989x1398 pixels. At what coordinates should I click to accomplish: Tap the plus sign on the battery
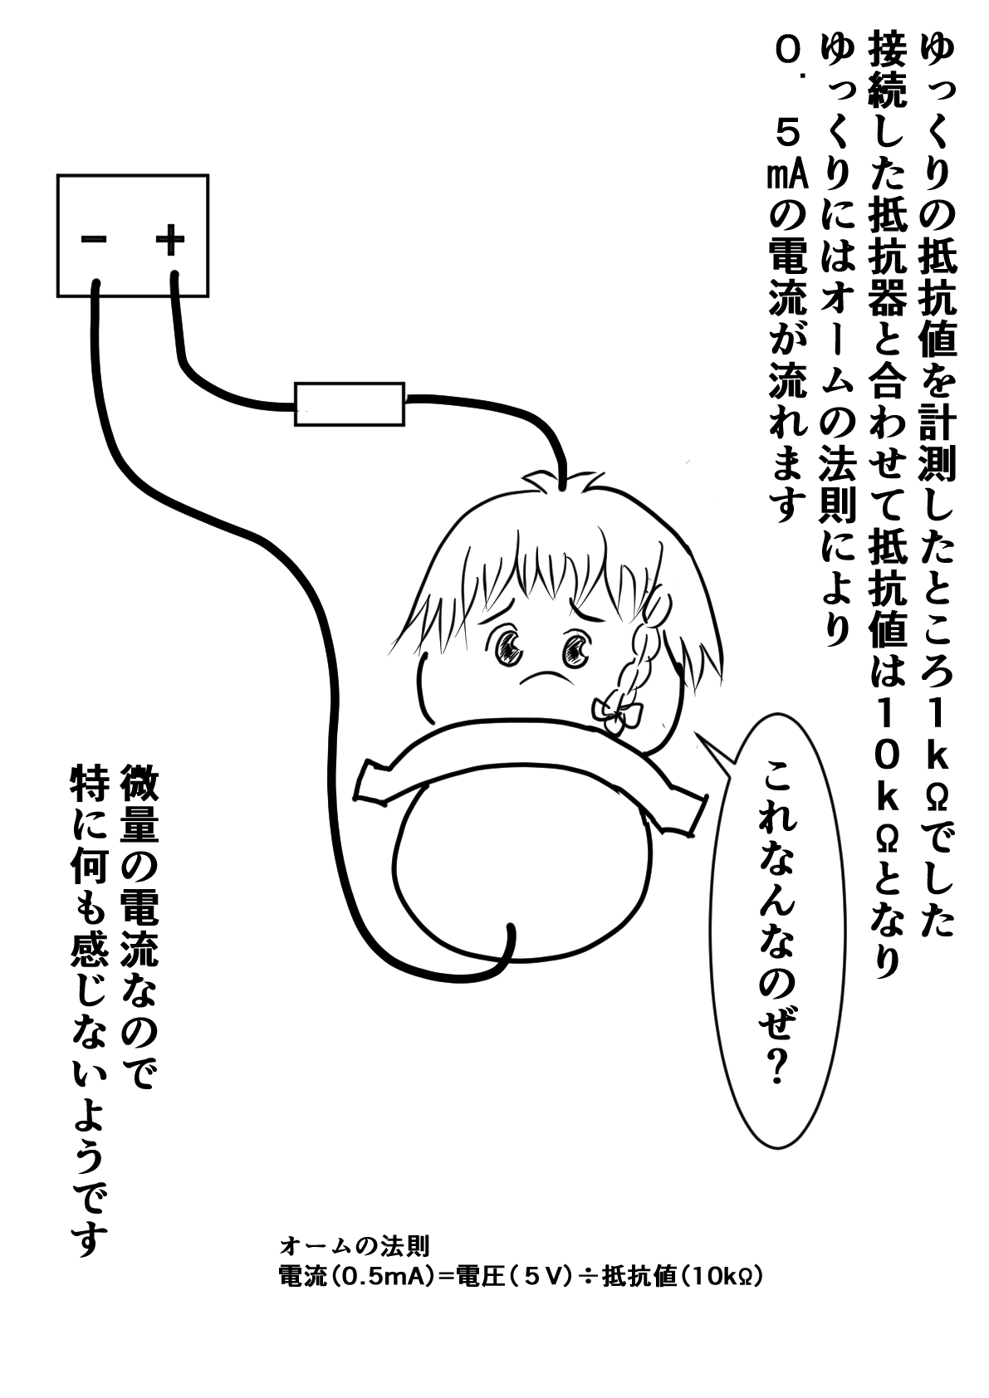coord(170,240)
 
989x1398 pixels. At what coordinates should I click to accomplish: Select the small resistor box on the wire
coord(350,404)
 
